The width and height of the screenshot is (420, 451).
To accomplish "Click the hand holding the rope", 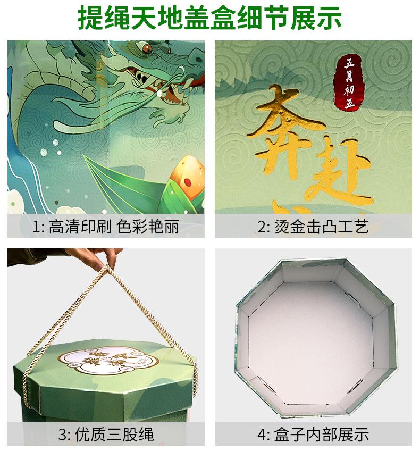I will coord(96,258).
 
